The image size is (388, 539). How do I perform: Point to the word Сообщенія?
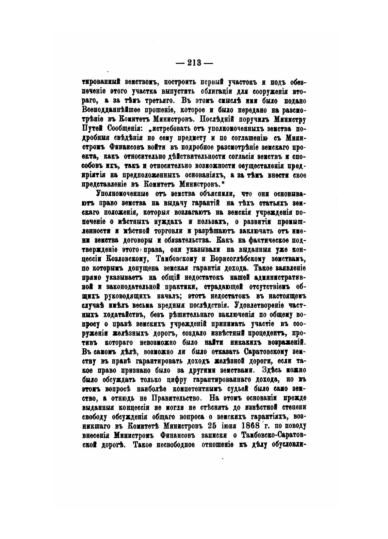(x=123, y=129)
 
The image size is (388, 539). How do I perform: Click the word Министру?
(x=289, y=120)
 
